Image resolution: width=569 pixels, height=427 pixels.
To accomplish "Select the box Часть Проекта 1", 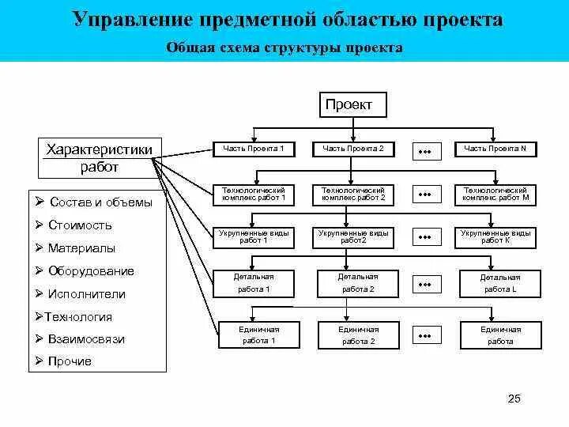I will point(253,149).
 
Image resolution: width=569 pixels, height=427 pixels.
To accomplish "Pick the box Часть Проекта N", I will point(495,149).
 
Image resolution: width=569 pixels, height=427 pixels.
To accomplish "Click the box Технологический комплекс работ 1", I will point(253,195).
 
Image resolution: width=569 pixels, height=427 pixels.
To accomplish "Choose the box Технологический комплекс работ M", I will point(496,195).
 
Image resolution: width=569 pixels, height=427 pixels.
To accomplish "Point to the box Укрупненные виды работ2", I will point(353,237).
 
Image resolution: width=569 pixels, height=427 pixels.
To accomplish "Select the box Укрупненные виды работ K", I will point(496,237).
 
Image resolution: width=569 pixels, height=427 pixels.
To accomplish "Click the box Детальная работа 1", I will point(253,283).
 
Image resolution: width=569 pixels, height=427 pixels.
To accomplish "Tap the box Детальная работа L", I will point(500,283).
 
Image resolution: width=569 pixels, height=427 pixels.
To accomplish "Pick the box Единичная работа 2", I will point(358,335).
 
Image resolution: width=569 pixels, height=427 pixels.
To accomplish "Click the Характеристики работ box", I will point(99,157).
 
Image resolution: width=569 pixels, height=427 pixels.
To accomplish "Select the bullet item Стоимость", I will point(79,225).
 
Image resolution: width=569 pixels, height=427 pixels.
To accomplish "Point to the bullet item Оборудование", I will point(90,271).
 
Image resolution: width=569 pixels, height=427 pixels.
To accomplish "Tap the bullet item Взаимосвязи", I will point(85,339).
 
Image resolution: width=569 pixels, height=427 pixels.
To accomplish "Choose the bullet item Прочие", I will point(70,361).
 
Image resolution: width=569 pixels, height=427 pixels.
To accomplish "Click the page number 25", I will point(514,399).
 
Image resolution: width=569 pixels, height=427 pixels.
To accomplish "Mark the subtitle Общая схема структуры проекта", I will point(284,48).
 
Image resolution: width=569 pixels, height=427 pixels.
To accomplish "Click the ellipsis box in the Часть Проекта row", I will point(424,149).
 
